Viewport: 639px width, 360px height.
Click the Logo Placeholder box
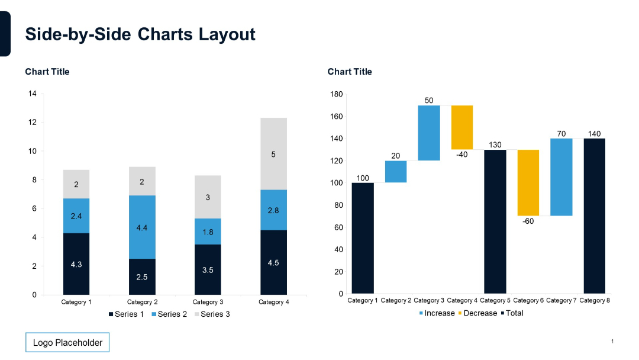coord(67,342)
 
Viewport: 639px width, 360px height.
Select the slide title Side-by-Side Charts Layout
coord(140,34)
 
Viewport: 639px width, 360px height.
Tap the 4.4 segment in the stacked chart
coord(142,227)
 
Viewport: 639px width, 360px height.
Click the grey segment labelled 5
coord(273,154)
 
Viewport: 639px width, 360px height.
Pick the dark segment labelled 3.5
coord(208,269)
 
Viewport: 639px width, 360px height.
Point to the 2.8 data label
coord(273,210)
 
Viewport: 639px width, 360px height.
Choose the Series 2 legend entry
coord(169,314)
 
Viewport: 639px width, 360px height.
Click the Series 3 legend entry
coord(211,314)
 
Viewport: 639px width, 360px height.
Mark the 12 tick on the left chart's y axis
coord(32,123)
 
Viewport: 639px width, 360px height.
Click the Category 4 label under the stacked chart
coord(273,303)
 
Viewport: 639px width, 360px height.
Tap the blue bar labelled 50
coord(429,133)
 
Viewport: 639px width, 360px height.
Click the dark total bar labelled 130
coord(495,221)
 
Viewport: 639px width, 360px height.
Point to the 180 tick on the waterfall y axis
coord(336,94)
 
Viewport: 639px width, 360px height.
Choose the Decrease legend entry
coord(477,313)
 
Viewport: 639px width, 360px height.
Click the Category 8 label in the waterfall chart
coord(595,301)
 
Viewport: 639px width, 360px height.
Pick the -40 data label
coord(462,155)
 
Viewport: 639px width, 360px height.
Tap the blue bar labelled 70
coord(561,177)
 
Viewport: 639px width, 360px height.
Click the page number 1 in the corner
coord(612,342)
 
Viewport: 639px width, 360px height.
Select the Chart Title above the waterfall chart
coord(350,72)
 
